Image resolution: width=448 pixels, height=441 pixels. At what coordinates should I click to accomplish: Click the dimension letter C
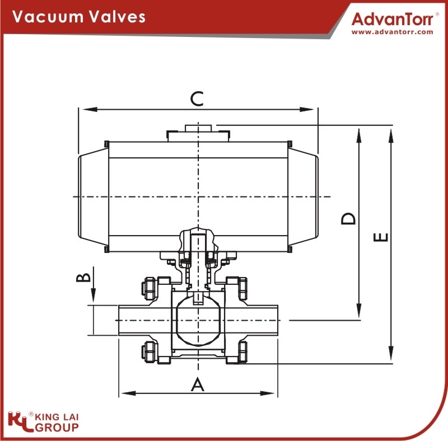[197, 98]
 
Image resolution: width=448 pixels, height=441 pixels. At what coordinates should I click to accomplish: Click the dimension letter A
[198, 384]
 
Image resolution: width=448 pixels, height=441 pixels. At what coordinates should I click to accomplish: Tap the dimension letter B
[83, 278]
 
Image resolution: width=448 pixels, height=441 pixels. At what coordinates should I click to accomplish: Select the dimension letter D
[348, 218]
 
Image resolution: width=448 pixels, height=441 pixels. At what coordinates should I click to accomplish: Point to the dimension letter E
[381, 237]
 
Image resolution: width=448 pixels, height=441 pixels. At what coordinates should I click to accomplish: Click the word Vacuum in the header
[47, 17]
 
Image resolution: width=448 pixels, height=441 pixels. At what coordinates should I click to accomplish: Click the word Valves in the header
[116, 17]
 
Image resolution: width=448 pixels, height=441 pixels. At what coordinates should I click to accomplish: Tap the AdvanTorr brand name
[393, 20]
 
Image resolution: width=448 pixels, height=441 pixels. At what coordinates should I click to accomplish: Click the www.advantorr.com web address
[393, 32]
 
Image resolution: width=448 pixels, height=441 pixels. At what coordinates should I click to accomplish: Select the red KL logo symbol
[20, 421]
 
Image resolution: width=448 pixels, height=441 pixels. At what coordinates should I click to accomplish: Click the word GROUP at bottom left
[57, 428]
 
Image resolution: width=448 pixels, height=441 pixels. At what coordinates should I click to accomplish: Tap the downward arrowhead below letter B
[93, 295]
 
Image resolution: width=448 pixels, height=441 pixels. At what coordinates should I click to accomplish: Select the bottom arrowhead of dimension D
[359, 311]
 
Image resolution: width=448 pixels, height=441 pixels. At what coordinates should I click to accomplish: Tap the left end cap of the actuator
[94, 197]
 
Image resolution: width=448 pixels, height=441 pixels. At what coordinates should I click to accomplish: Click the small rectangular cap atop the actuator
[198, 128]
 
